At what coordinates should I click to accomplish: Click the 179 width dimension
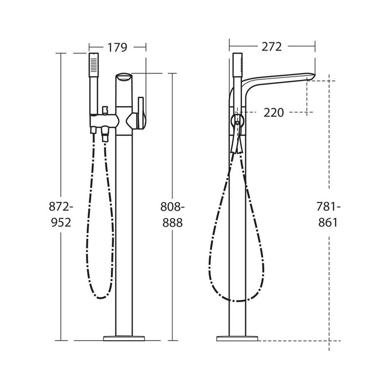pyautogui.click(x=117, y=47)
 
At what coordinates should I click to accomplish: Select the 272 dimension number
pyautogui.click(x=271, y=46)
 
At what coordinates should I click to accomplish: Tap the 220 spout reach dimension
pyautogui.click(x=274, y=113)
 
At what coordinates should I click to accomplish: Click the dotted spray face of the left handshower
pyautogui.click(x=94, y=66)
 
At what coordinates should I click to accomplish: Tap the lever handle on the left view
pyautogui.click(x=141, y=113)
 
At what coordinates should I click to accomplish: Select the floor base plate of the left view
pyautogui.click(x=124, y=164)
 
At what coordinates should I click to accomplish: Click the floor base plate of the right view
pyautogui.click(x=237, y=165)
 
